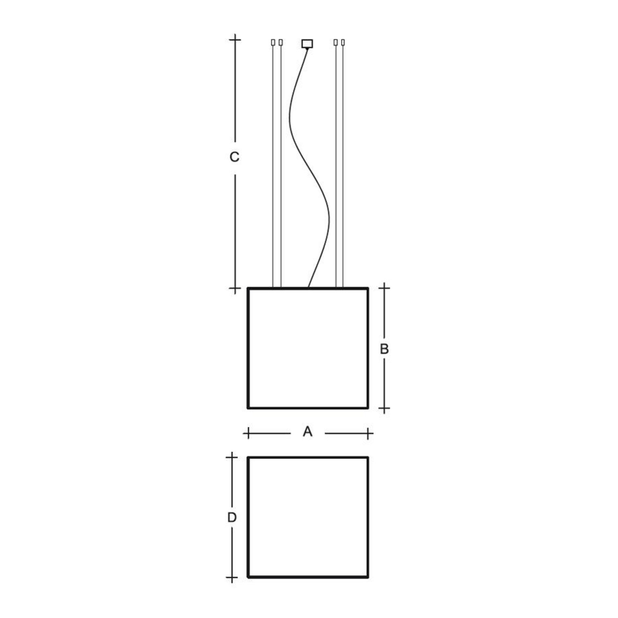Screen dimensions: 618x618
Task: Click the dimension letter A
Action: pyautogui.click(x=307, y=432)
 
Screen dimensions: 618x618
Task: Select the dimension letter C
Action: pyautogui.click(x=234, y=157)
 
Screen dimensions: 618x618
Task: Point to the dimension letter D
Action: pyautogui.click(x=232, y=517)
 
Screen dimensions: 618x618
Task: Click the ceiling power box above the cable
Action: pyautogui.click(x=307, y=43)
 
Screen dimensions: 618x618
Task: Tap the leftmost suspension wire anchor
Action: pyautogui.click(x=273, y=42)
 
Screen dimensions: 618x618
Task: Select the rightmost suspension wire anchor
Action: pyautogui.click(x=343, y=42)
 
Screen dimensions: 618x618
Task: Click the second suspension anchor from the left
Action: pyautogui.click(x=281, y=42)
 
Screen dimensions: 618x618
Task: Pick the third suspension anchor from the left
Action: pyautogui.click(x=335, y=42)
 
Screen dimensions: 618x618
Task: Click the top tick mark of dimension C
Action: pyautogui.click(x=235, y=40)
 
